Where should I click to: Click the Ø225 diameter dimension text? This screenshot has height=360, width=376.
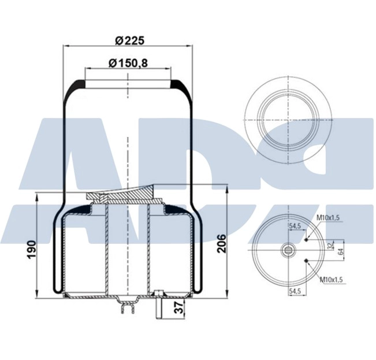(129, 40)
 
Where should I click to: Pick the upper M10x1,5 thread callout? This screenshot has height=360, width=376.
(329, 217)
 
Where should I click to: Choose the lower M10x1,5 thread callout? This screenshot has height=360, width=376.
(331, 279)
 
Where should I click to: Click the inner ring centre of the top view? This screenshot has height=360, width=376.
(287, 118)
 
